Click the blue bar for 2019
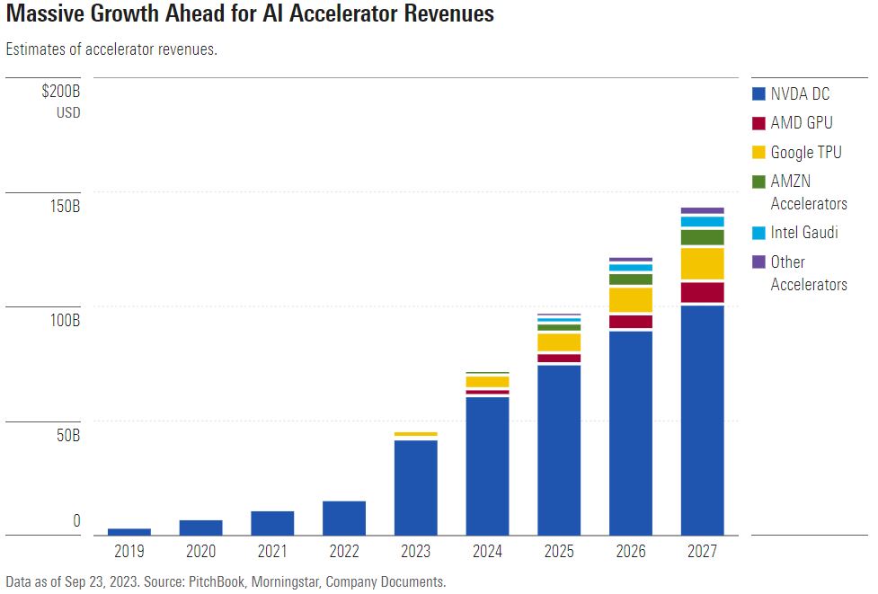[129, 531]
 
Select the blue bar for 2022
[344, 518]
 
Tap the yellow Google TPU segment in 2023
[416, 434]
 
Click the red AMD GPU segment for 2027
[702, 293]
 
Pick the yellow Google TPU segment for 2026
[631, 299]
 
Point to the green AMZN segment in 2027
[702, 237]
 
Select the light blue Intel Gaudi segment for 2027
[702, 222]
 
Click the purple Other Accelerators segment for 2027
[702, 210]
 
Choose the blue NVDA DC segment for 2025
[559, 449]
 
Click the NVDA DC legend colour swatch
[758, 93]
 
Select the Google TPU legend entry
[806, 153]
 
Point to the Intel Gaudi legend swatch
[758, 233]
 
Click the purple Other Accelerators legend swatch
[758, 262]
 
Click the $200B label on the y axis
[61, 92]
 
